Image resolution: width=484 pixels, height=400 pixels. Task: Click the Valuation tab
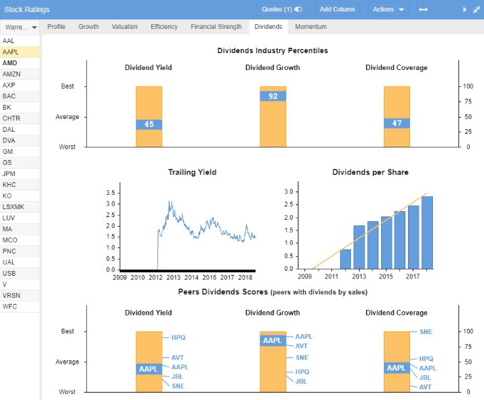pos(124,27)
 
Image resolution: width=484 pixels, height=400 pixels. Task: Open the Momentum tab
pos(311,27)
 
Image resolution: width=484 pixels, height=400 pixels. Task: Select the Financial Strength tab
pos(216,27)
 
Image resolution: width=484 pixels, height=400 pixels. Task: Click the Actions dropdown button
pos(389,9)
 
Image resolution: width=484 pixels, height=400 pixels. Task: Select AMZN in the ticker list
pos(11,74)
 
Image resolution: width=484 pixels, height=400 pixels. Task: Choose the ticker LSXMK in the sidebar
pos(14,206)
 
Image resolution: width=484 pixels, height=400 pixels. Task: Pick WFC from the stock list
pos(10,306)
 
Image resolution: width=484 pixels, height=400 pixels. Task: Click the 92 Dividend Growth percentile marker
pos(273,96)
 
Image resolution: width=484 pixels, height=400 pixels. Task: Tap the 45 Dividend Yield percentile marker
pos(149,124)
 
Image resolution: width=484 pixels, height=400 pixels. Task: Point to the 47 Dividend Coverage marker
pos(397,123)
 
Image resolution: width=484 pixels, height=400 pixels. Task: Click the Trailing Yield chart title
pos(192,173)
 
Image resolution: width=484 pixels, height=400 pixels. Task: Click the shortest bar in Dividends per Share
pos(345,259)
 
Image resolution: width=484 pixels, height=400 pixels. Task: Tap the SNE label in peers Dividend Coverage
pos(425,332)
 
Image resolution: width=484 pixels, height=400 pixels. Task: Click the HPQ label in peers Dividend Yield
pos(177,337)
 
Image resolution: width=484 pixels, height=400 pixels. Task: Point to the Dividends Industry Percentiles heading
pos(272,50)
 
